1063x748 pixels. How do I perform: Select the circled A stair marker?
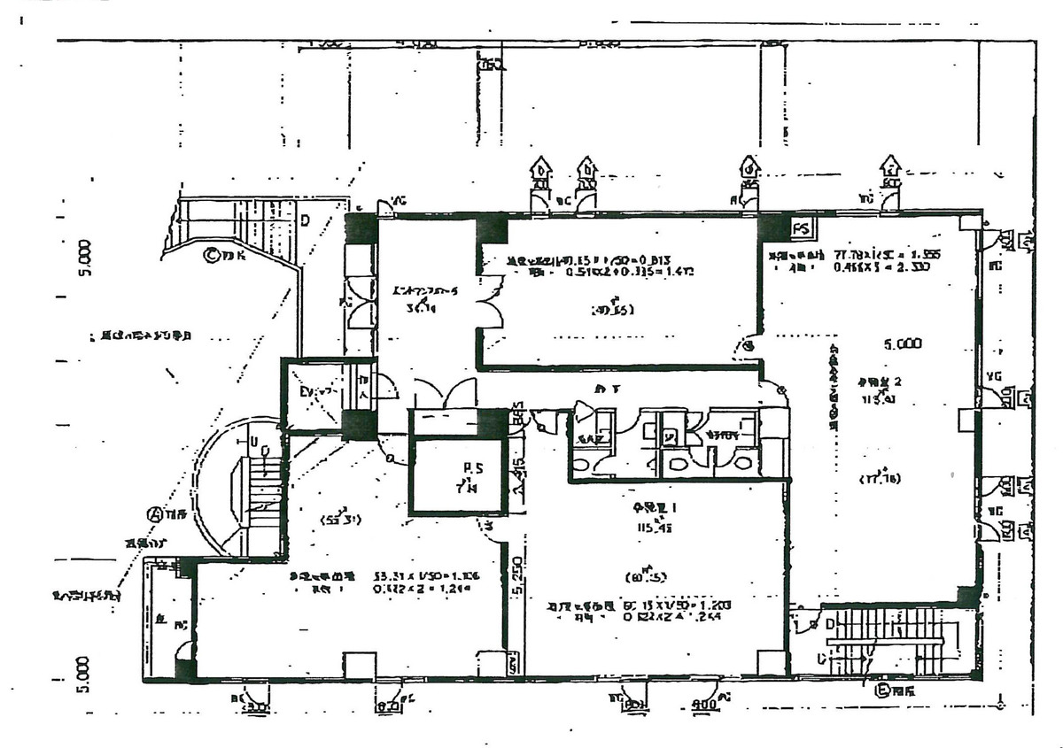(155, 513)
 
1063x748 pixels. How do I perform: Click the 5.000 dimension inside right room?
(903, 343)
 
